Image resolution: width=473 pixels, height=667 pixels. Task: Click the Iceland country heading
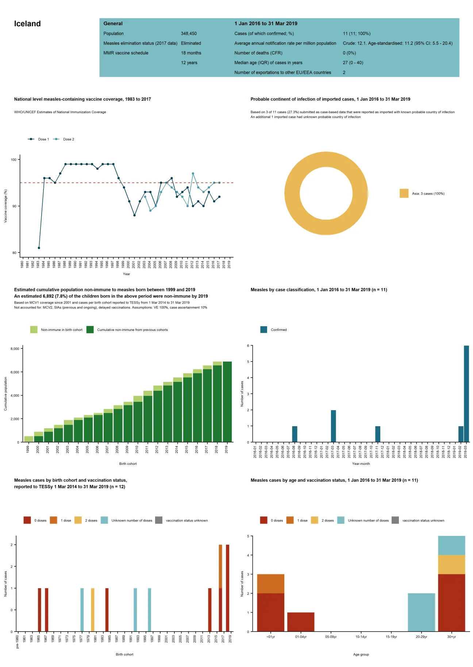27,24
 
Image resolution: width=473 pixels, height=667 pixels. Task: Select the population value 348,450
189,34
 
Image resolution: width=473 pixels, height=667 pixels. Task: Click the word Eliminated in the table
191,43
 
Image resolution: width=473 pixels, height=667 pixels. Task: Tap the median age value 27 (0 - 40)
353,63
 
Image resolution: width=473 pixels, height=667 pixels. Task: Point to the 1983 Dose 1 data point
39,248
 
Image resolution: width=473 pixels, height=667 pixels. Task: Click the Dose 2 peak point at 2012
193,174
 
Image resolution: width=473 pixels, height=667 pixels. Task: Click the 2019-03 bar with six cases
466,394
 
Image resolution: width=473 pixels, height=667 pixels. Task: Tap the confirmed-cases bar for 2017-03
333,426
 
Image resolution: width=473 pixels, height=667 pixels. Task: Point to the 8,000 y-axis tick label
15,349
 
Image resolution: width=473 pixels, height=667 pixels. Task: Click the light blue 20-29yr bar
421,612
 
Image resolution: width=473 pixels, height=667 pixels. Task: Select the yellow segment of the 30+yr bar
451,564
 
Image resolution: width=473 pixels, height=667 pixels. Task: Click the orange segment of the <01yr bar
270,583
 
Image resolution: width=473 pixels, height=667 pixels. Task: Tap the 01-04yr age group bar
300,622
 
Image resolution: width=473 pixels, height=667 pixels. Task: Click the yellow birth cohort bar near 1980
93,609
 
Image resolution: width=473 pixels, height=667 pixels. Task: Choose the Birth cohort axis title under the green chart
128,464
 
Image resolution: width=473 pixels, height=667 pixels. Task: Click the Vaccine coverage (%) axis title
5,206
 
